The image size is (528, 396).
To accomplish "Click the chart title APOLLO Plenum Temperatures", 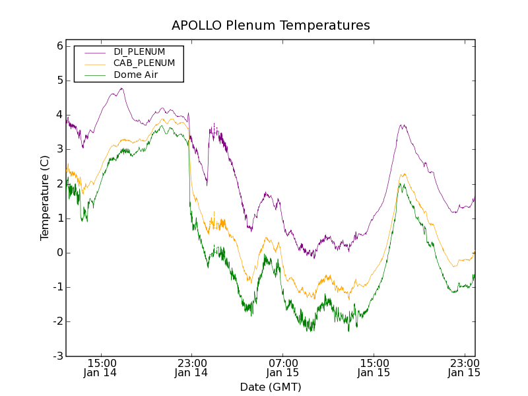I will (x=271, y=26).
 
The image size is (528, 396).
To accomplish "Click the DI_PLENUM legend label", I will (x=139, y=51).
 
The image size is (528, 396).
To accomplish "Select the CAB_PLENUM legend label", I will (x=144, y=63).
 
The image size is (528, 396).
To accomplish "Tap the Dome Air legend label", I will (x=135, y=75).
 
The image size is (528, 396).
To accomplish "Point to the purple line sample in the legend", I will (x=94, y=52).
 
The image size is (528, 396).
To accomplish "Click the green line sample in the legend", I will (x=94, y=75).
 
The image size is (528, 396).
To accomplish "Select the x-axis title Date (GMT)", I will (x=271, y=387).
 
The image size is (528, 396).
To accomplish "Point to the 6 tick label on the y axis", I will (x=59, y=46).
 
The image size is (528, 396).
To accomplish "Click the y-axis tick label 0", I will (x=59, y=253).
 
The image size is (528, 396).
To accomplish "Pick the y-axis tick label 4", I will (x=59, y=115).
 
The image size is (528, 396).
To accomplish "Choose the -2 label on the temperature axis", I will (x=57, y=321).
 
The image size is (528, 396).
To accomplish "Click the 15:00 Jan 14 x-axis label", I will (x=101, y=368).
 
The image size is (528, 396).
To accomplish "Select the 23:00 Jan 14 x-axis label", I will (x=191, y=368).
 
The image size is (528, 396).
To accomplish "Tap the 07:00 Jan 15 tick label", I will (x=282, y=368).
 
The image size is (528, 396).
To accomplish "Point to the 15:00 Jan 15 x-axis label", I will (x=374, y=368).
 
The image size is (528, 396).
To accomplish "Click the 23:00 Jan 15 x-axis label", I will (x=464, y=368).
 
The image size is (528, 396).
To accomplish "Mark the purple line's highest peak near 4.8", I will (x=122, y=88).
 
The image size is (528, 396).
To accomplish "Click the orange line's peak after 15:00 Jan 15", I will (x=403, y=174).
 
